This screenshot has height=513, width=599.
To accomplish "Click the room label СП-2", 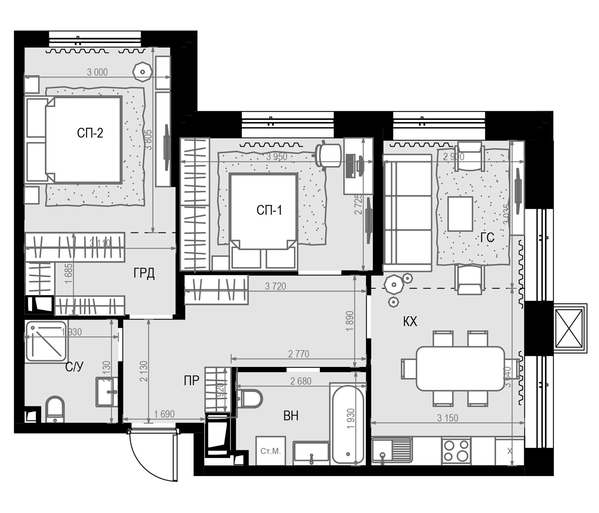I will click(90, 133).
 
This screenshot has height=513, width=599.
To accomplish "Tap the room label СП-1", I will click(269, 210).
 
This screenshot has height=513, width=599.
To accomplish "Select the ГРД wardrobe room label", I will click(144, 273).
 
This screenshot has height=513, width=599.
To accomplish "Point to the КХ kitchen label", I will click(410, 321).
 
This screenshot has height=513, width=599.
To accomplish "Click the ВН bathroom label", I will click(291, 416).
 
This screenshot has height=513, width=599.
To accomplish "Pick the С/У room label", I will click(74, 367).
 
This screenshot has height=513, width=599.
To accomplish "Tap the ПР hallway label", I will click(191, 381).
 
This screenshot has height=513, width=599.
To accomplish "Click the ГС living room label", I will click(487, 238).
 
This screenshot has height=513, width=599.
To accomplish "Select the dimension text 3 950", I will click(277, 157).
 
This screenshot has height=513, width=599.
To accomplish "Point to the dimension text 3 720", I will click(275, 286).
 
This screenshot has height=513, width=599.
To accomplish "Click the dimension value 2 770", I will click(298, 354).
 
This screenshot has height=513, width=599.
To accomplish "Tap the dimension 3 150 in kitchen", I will click(448, 418).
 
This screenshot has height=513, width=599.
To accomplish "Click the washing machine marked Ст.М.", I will click(271, 451).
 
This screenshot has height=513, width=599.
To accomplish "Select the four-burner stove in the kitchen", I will click(456, 451).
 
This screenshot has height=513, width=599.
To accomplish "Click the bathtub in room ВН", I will click(348, 425).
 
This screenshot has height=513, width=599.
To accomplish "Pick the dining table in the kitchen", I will click(460, 369).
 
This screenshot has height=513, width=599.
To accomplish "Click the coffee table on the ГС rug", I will click(460, 214).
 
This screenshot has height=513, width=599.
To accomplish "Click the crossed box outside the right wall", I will click(569, 328).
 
